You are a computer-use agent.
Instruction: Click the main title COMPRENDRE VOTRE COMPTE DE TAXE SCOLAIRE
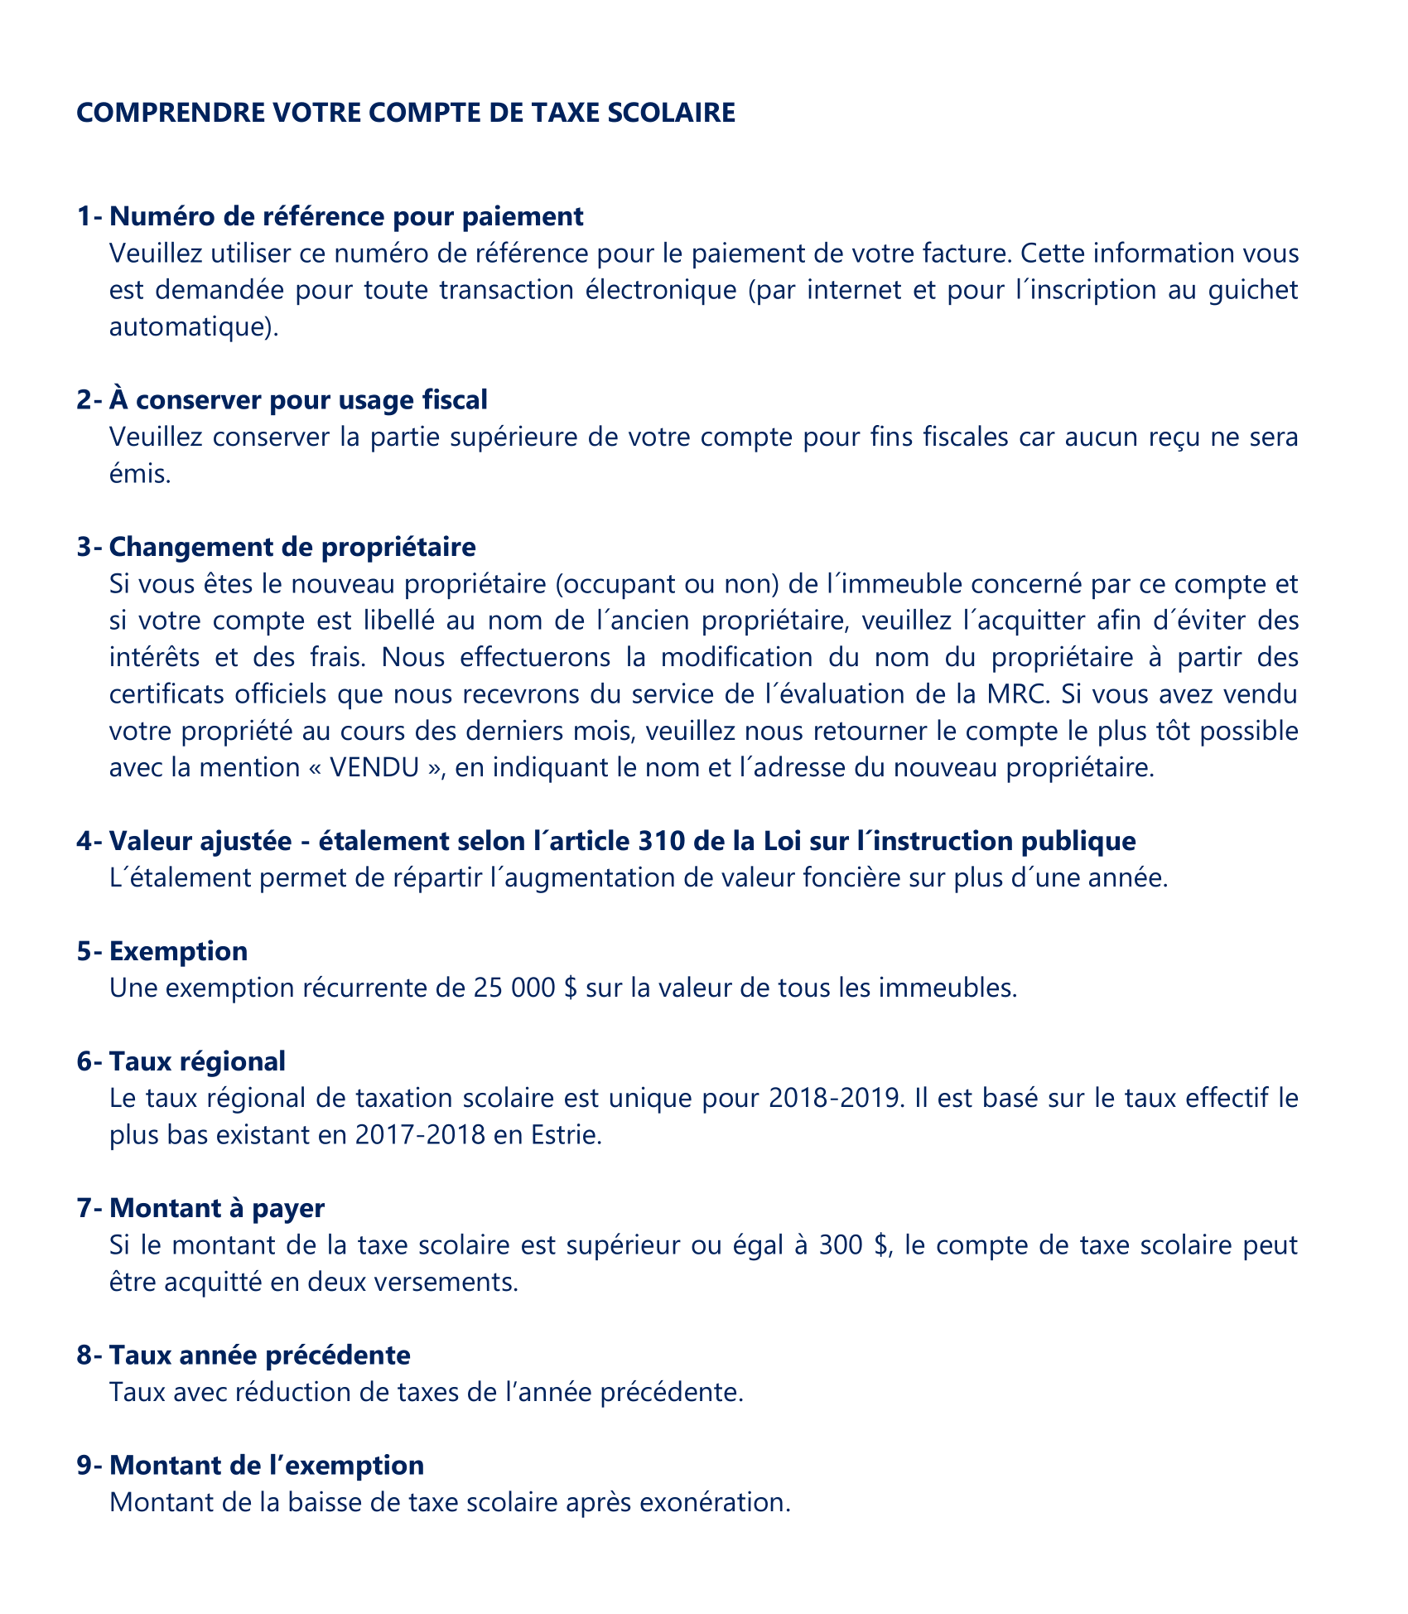click(x=406, y=113)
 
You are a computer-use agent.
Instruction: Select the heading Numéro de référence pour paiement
click(x=346, y=216)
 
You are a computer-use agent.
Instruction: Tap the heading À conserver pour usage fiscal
click(x=298, y=400)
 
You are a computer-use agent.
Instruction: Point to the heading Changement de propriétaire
click(x=292, y=547)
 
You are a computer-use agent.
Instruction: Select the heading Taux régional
click(x=197, y=1061)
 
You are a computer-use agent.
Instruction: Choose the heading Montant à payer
click(x=217, y=1208)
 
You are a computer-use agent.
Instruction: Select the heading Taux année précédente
click(x=259, y=1355)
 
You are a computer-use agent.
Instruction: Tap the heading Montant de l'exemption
click(x=266, y=1465)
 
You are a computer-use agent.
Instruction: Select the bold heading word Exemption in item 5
click(x=178, y=951)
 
